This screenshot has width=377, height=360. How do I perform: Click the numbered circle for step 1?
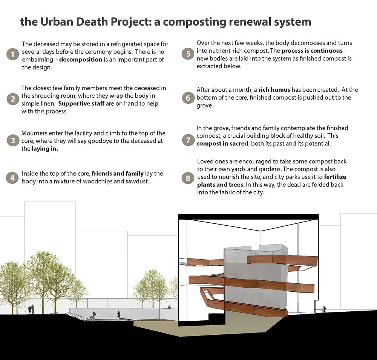(x=12, y=54)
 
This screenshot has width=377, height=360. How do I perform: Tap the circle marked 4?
(x=12, y=178)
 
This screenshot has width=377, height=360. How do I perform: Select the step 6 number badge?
(x=188, y=98)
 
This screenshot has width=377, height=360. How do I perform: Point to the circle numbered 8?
(x=188, y=178)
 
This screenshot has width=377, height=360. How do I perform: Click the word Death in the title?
(x=91, y=22)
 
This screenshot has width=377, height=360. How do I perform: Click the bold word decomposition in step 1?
(x=81, y=60)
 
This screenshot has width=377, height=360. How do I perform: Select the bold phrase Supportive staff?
(x=81, y=103)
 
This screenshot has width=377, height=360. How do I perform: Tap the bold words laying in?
(x=45, y=149)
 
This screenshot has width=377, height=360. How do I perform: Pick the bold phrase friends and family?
(x=118, y=174)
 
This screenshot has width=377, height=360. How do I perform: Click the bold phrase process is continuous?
(x=312, y=51)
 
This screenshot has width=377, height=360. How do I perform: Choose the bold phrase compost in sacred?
(x=222, y=144)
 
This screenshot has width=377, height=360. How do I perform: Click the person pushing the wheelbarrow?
(x=93, y=315)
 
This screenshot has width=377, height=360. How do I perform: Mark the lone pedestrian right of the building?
(x=324, y=309)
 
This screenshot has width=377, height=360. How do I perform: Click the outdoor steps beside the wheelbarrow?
(x=77, y=316)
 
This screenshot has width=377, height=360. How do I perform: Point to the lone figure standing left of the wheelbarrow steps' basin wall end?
(x=118, y=314)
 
